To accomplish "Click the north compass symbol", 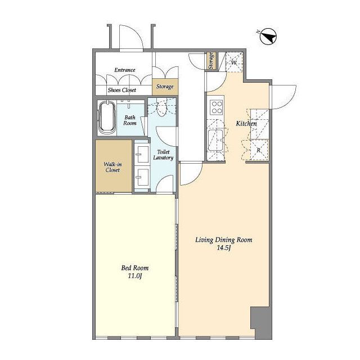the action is [268, 37].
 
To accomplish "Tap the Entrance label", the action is [125, 70].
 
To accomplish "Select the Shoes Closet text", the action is [121, 90].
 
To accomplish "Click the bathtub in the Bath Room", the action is [107, 119].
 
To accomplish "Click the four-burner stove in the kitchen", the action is [217, 107].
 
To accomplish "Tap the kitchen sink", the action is [215, 140].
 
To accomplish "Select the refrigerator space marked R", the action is [259, 150].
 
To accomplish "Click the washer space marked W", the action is [234, 62].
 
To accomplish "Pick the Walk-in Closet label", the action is [112, 167].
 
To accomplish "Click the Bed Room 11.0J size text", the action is [135, 276].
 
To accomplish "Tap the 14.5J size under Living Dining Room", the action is [223, 248].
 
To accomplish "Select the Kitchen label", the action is [246, 124].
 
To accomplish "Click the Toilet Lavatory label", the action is [163, 155].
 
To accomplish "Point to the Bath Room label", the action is [130, 120].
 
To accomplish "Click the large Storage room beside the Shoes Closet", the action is [165, 87].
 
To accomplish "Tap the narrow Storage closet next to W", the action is [211, 61].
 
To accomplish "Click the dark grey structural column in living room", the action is [261, 322].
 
